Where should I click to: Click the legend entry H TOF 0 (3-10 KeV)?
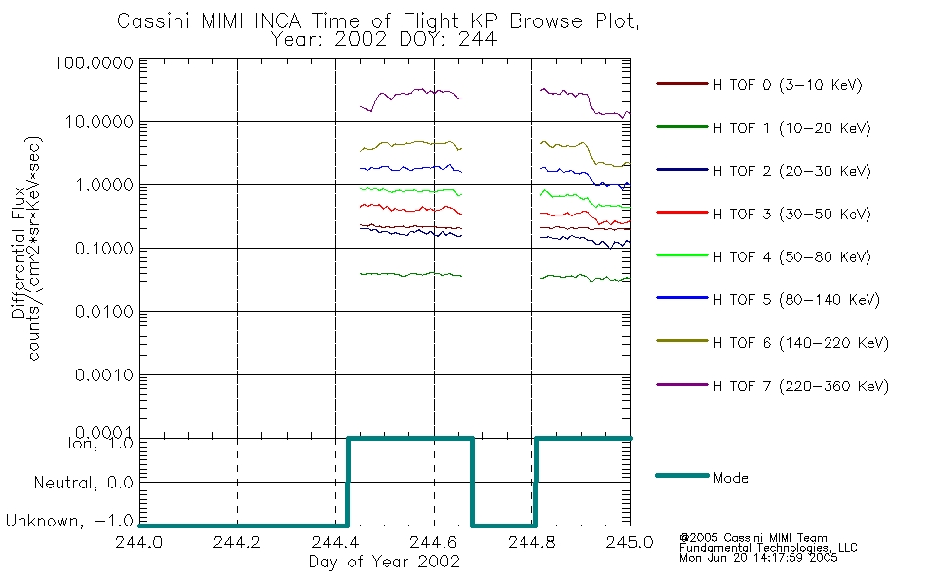click(759, 85)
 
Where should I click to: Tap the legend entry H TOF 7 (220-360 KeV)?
click(772, 386)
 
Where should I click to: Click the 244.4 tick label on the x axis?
click(335, 542)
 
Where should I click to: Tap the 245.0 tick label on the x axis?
click(630, 542)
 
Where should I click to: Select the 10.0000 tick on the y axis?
click(98, 122)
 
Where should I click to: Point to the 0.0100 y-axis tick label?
click(104, 311)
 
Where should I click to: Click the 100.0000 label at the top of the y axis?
click(94, 62)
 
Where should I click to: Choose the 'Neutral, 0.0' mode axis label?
click(83, 483)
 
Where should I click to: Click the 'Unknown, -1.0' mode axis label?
click(69, 521)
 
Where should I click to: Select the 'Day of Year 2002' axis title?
click(384, 562)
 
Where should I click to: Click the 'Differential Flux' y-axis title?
click(19, 253)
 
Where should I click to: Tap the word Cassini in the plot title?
click(154, 20)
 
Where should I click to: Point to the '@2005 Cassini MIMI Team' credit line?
click(752, 538)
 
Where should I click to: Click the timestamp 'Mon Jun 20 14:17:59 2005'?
click(758, 558)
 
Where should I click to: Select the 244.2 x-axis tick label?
click(237, 542)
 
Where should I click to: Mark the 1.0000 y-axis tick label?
click(104, 185)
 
